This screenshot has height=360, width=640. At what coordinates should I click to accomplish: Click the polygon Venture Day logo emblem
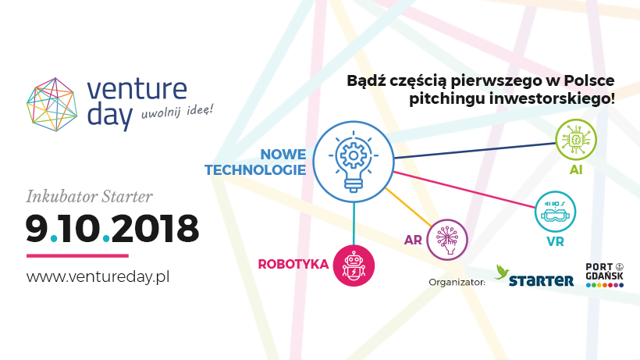pyautogui.click(x=52, y=105)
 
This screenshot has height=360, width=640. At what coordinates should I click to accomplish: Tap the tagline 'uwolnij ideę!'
pyautogui.click(x=177, y=112)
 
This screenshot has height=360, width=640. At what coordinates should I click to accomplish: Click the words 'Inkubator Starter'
pyautogui.click(x=90, y=197)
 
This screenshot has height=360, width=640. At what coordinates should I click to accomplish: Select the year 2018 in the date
pyautogui.click(x=155, y=229)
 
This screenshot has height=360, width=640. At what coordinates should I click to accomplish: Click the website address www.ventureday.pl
pyautogui.click(x=98, y=276)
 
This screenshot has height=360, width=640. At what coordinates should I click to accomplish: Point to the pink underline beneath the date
pyautogui.click(x=77, y=256)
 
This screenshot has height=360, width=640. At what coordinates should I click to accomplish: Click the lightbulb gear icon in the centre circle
pyautogui.click(x=354, y=162)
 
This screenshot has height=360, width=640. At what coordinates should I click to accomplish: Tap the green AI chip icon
pyautogui.click(x=576, y=139)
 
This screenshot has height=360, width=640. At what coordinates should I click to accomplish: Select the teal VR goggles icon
pyautogui.click(x=555, y=212)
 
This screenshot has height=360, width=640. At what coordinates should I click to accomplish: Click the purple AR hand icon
pyautogui.click(x=447, y=240)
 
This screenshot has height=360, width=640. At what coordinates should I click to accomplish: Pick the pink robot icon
pyautogui.click(x=354, y=266)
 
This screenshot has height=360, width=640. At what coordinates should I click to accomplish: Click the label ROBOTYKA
pyautogui.click(x=293, y=264)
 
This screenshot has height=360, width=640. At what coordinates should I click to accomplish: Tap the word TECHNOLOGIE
pyautogui.click(x=255, y=169)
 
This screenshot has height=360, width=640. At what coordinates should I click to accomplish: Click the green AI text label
pyautogui.click(x=576, y=169)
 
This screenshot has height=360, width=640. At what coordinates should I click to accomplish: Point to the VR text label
pyautogui.click(x=555, y=241)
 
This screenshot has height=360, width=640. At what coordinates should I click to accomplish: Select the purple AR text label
pyautogui.click(x=413, y=240)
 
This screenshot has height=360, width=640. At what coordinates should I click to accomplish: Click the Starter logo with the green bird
pyautogui.click(x=534, y=276)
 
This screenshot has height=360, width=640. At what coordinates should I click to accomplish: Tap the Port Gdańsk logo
pyautogui.click(x=605, y=275)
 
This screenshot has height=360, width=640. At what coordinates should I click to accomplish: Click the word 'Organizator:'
pyautogui.click(x=457, y=282)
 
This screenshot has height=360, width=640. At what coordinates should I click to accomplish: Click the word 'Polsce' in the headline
pyautogui.click(x=589, y=80)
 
